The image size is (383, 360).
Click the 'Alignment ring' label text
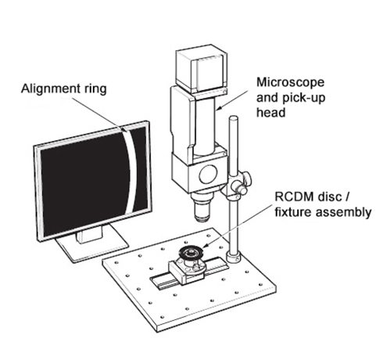tap(64, 89)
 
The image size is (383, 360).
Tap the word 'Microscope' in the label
tap(290, 82)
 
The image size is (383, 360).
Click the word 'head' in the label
tap(271, 113)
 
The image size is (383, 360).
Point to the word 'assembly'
tap(343, 213)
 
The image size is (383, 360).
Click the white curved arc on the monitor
tap(131, 170)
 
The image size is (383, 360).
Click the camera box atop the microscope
tap(202, 69)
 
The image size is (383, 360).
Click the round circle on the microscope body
tap(208, 174)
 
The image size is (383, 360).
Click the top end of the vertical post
tap(234, 118)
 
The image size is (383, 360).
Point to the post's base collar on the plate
tap(234, 256)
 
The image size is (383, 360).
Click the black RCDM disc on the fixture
tap(191, 253)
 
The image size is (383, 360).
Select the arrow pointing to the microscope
tap(231, 100)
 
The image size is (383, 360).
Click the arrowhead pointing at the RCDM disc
tap(204, 245)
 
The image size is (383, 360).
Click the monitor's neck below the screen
tap(89, 234)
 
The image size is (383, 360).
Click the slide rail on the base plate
tap(188, 273)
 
